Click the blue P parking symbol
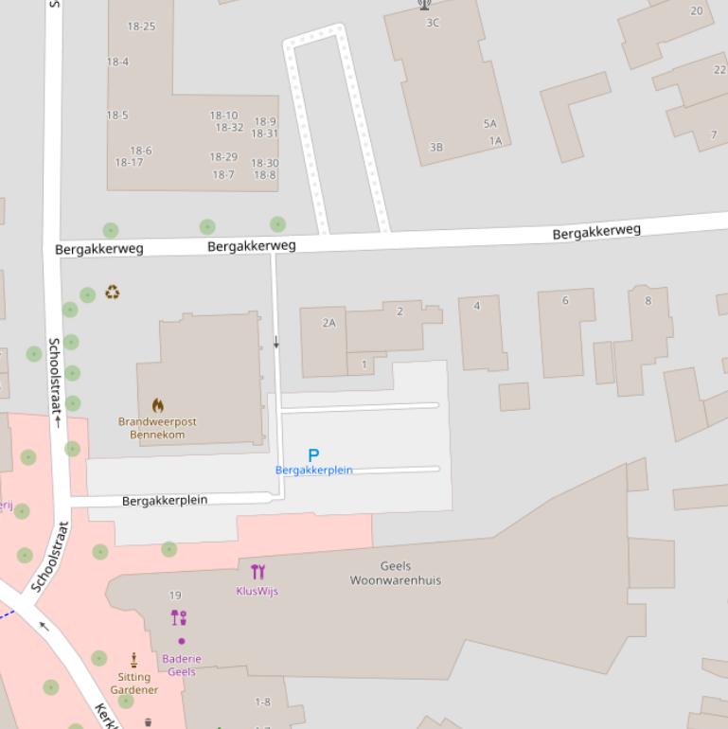tap(313, 455)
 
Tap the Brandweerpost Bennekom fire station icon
tap(157, 406)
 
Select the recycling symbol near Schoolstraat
tap(113, 293)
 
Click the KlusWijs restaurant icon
tap(257, 571)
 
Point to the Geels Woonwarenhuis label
tap(396, 574)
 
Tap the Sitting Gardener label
tap(134, 684)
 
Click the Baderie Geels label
tap(182, 666)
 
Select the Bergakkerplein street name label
tap(165, 500)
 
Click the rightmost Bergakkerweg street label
tap(596, 231)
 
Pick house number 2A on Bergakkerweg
tap(328, 323)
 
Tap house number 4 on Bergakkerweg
tap(477, 306)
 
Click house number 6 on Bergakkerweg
tap(565, 300)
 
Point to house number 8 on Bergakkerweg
tap(648, 301)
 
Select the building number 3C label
tap(433, 23)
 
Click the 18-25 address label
tap(141, 27)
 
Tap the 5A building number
tap(489, 124)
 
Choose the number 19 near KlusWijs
tap(175, 596)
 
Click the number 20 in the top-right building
tap(697, 11)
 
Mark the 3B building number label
tap(435, 148)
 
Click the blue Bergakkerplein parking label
tap(313, 471)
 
